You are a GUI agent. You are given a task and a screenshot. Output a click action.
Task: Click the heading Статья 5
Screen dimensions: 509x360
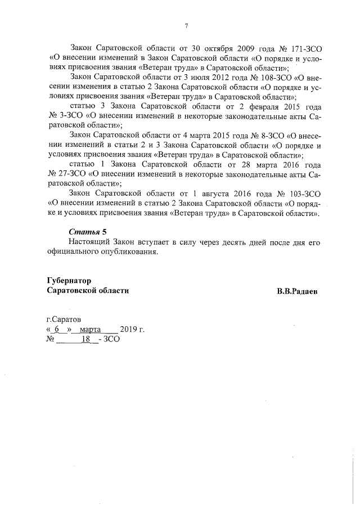[87, 232]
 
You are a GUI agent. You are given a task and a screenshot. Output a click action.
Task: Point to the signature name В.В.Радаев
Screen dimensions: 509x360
[296, 292]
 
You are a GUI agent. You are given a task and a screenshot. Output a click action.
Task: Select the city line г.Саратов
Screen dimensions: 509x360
[65, 319]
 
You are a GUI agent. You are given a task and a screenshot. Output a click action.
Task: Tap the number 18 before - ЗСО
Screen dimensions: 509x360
[86, 340]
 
